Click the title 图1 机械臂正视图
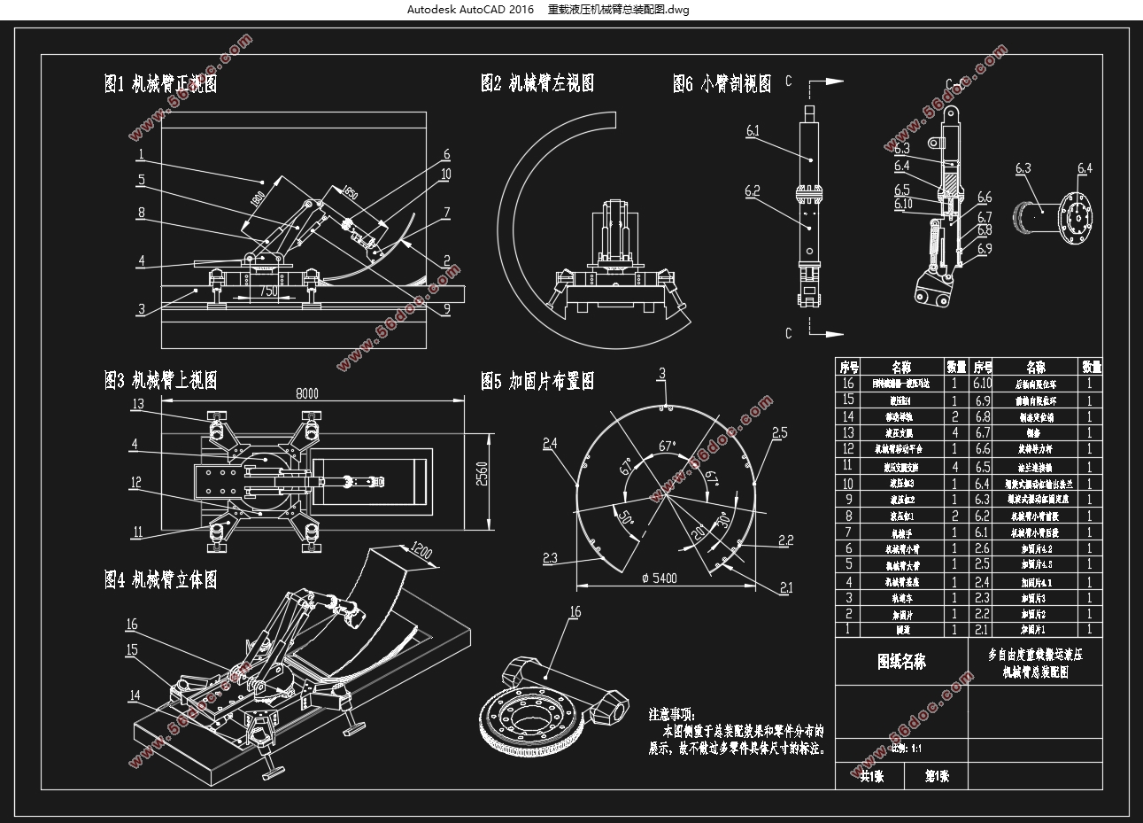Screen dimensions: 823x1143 tap(160, 84)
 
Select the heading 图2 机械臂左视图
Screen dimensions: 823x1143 tap(537, 83)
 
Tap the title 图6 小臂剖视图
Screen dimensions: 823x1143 tap(722, 84)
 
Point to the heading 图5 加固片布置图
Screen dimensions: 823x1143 tap(537, 381)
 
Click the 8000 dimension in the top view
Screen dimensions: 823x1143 tap(307, 393)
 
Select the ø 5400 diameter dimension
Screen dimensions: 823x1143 tap(659, 578)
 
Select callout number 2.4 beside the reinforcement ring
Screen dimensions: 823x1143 tap(550, 443)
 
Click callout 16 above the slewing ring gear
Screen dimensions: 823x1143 tap(575, 611)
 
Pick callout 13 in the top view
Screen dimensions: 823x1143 tap(137, 404)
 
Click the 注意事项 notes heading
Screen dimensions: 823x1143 tap(672, 713)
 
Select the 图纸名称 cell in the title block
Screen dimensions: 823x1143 tap(901, 662)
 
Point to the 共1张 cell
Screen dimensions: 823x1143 tap(871, 776)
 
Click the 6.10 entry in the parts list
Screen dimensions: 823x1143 tap(982, 383)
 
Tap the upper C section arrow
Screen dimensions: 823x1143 tap(823, 82)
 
